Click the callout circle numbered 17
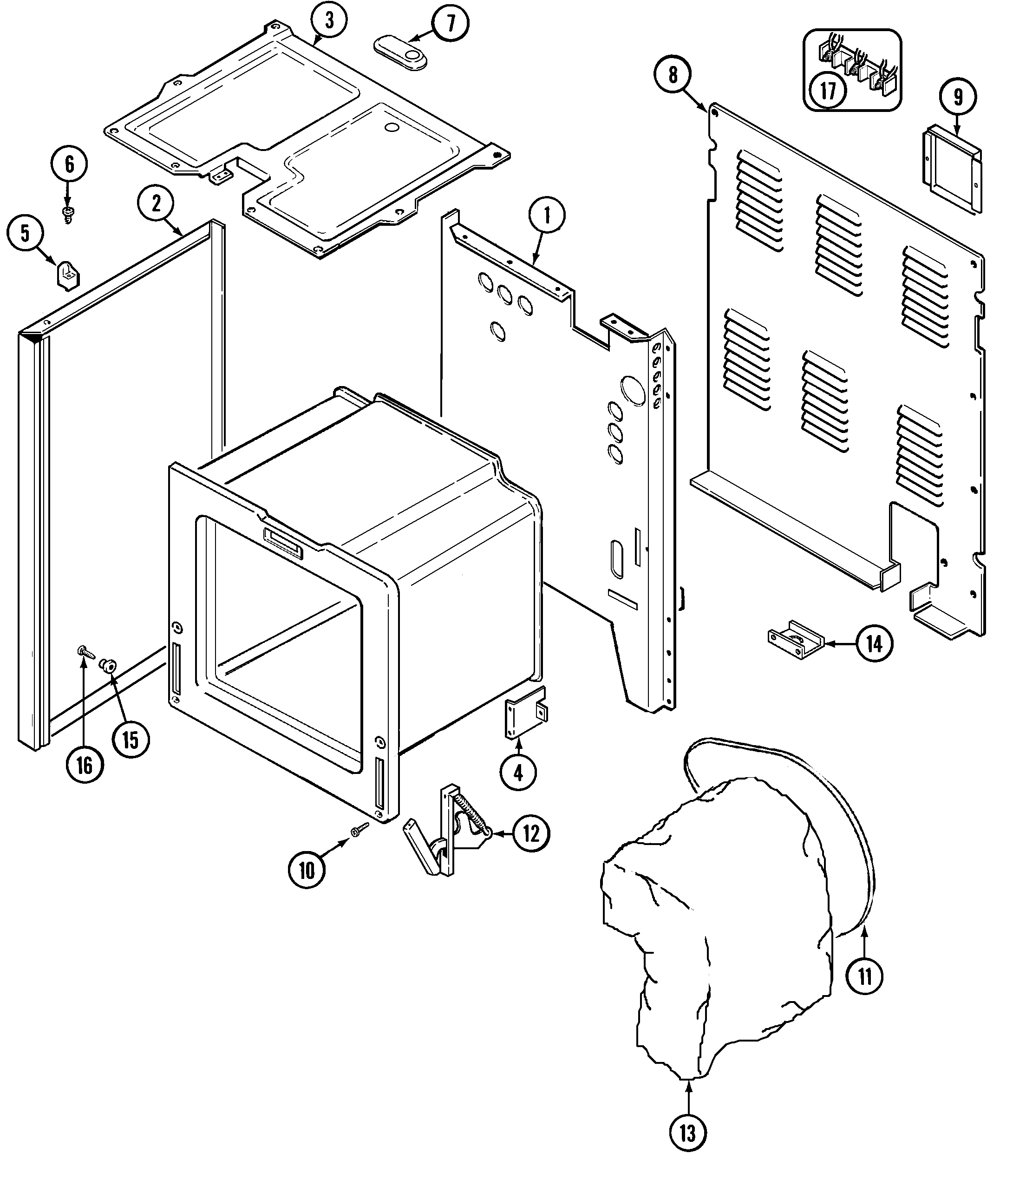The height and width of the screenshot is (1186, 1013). coord(828,91)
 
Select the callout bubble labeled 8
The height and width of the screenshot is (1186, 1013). coord(673,75)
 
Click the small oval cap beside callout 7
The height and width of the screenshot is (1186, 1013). coord(401,52)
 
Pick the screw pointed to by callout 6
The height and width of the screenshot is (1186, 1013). coord(69,214)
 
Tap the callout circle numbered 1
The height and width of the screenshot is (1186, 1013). coord(547,216)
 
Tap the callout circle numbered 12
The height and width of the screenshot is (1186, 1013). coord(531,833)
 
